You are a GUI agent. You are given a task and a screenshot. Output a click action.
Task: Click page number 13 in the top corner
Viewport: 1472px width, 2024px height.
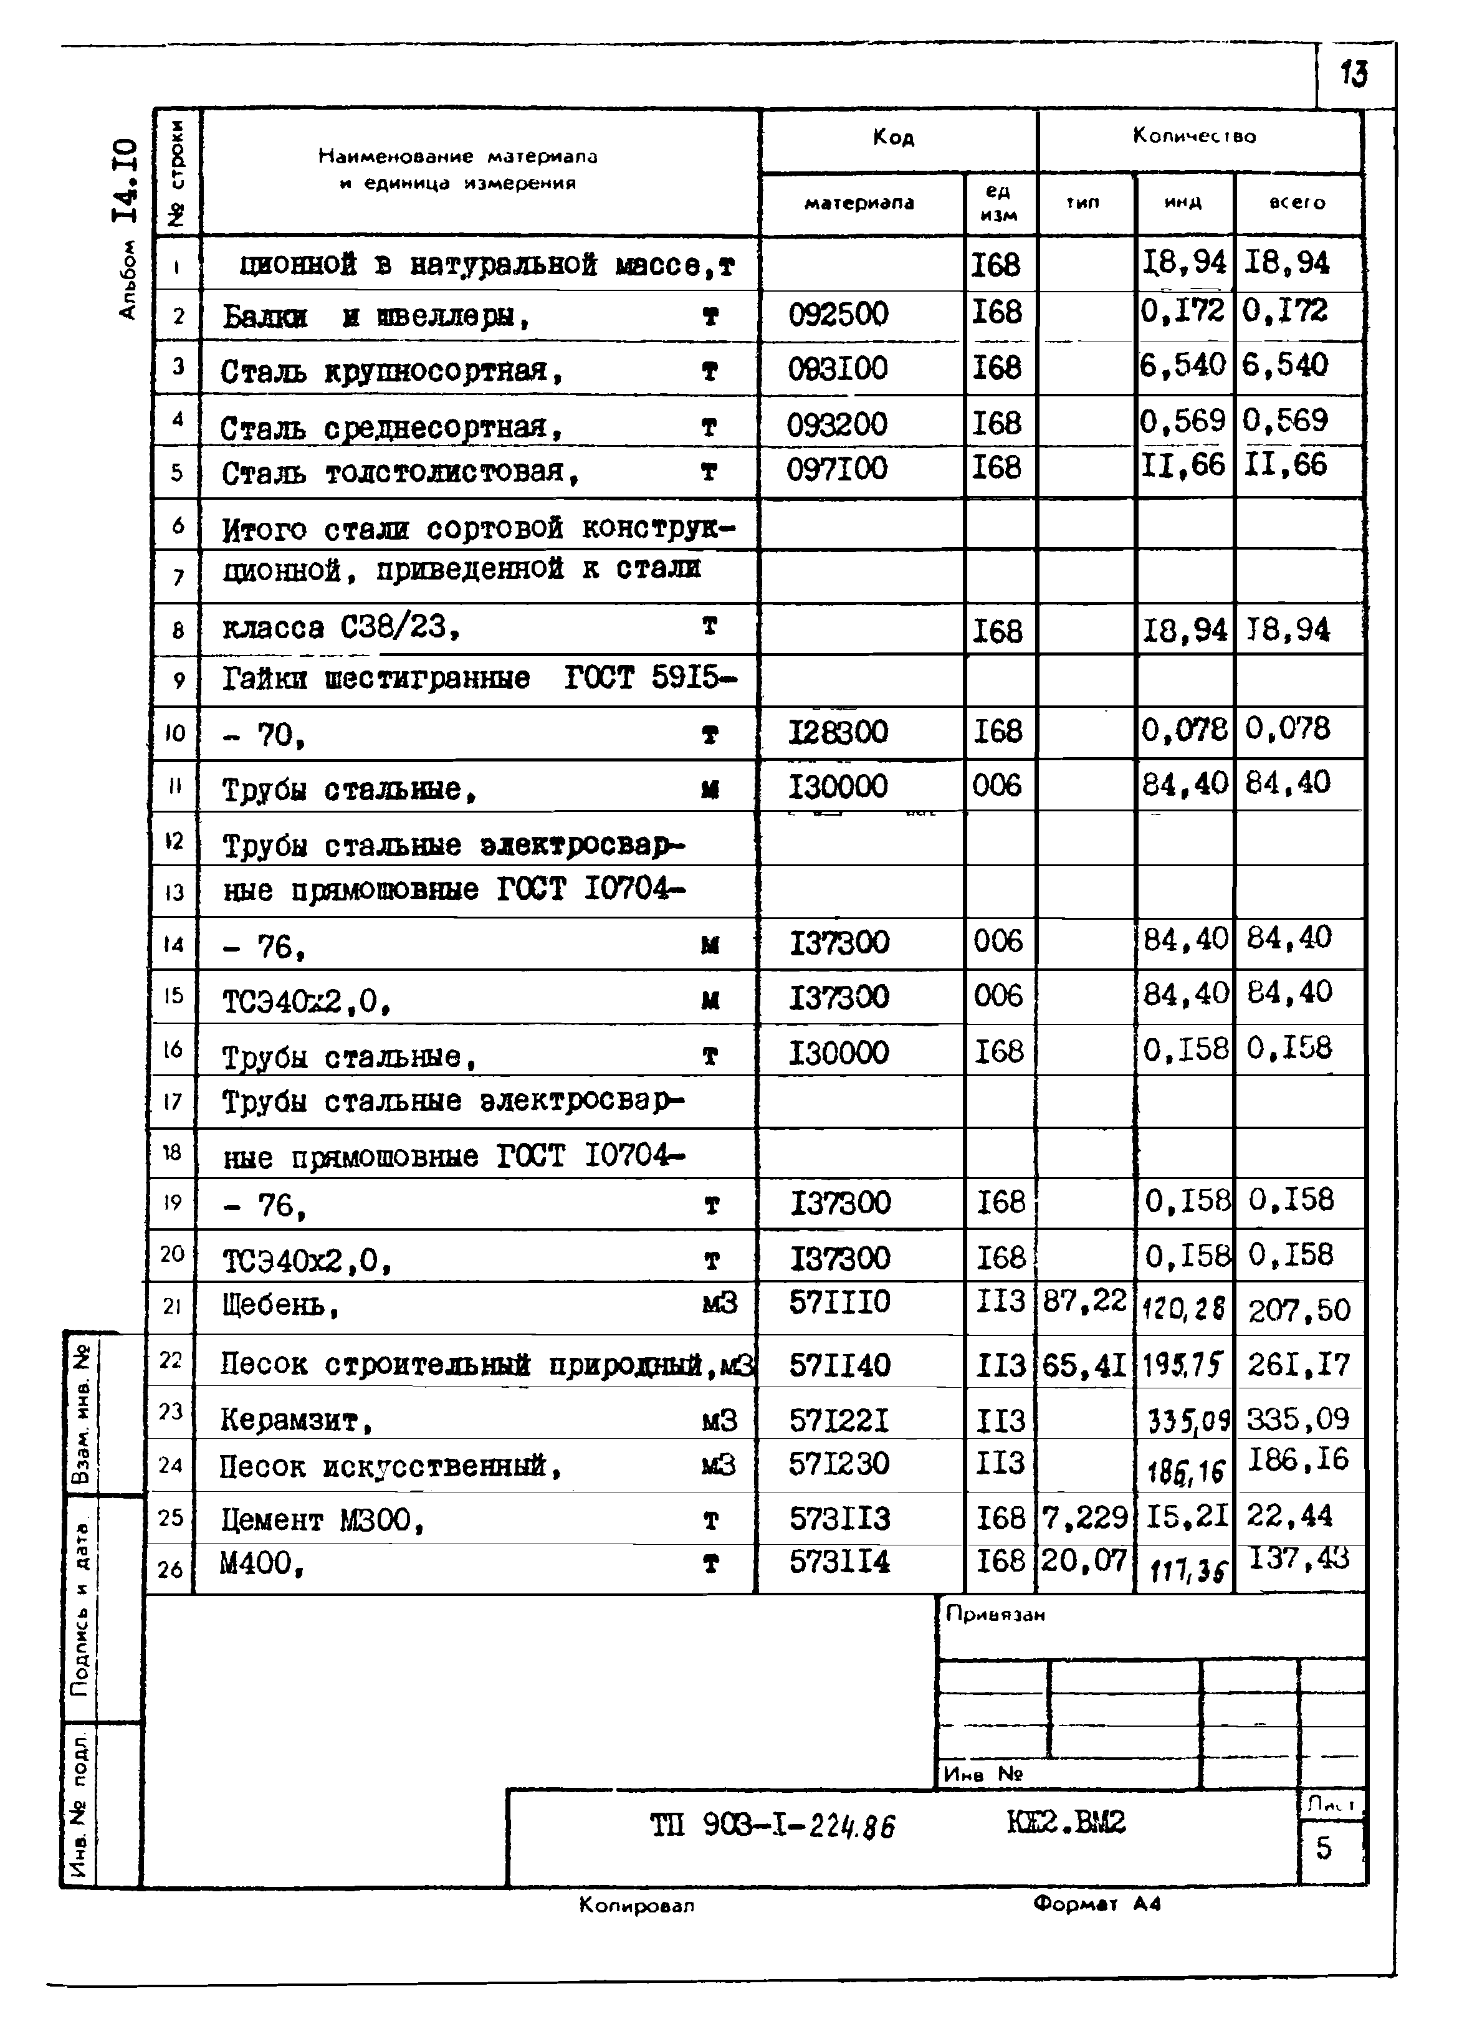pyautogui.click(x=1353, y=73)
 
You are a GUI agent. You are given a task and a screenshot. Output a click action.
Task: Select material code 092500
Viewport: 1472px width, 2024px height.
pyautogui.click(x=838, y=314)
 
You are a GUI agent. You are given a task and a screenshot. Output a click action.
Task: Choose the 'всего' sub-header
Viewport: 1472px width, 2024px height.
pyautogui.click(x=1296, y=203)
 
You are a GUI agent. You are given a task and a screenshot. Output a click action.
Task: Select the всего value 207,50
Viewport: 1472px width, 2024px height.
pyautogui.click(x=1299, y=1310)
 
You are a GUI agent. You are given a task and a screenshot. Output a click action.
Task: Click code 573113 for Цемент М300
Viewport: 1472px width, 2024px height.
pyautogui.click(x=839, y=1518)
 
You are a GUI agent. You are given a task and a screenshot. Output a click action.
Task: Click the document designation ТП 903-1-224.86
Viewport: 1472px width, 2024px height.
pyautogui.click(x=772, y=1826)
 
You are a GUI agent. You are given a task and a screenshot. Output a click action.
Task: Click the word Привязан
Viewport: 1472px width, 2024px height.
pyautogui.click(x=995, y=1613)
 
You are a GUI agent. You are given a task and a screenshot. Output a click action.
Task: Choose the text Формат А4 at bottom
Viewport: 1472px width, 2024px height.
pyautogui.click(x=1097, y=1904)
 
